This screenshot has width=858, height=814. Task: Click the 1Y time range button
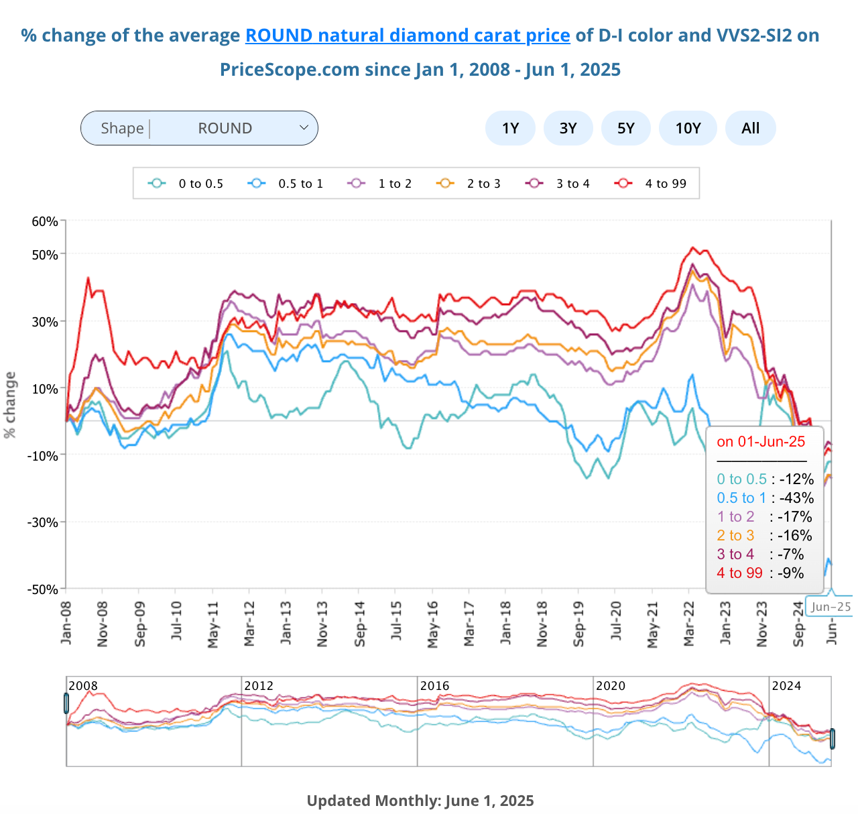click(x=510, y=128)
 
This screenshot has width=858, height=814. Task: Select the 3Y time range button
click(x=568, y=128)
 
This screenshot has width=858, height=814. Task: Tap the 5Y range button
click(x=625, y=128)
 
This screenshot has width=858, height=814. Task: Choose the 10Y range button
click(x=688, y=128)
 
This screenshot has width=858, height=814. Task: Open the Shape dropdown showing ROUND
click(x=199, y=128)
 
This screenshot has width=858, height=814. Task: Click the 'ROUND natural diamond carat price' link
click(x=408, y=36)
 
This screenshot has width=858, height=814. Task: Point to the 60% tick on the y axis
click(x=45, y=221)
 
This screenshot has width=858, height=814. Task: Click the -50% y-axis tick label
click(x=42, y=589)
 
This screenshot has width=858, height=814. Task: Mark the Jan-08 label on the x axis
click(x=66, y=624)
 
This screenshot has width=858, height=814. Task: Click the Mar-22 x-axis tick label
click(x=688, y=624)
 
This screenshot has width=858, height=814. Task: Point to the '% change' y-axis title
click(x=10, y=405)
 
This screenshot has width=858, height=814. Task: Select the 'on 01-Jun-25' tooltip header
click(x=761, y=442)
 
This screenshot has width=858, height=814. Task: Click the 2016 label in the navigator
click(x=434, y=686)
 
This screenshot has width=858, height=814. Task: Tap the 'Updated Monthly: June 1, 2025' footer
click(x=420, y=801)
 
